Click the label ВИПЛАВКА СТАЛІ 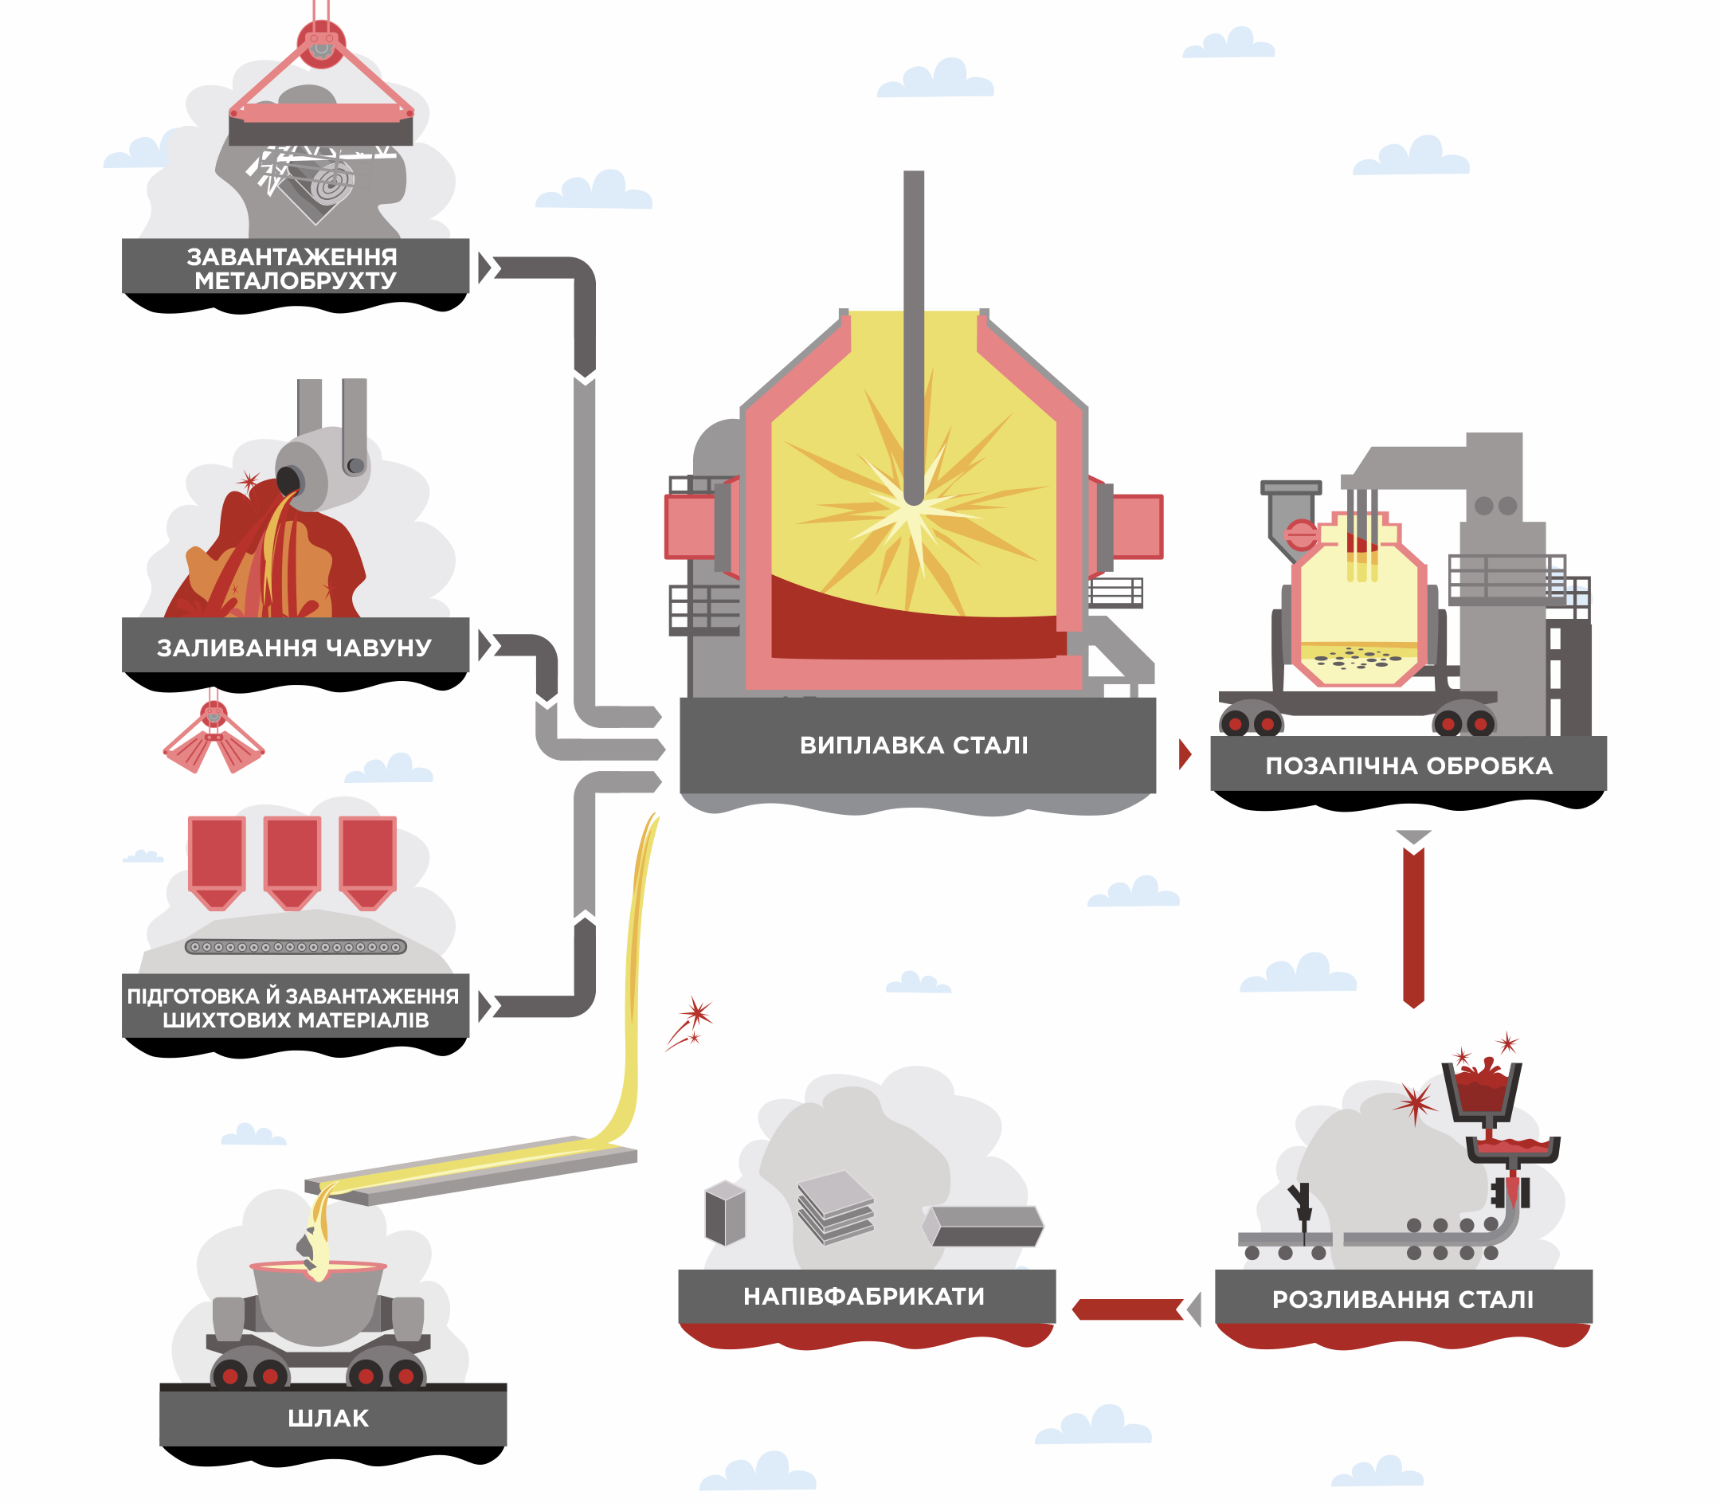(913, 745)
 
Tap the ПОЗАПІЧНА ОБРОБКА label (1409, 765)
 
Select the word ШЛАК (328, 1419)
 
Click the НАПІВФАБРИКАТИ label (864, 1297)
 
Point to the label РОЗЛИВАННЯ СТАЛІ (1402, 1299)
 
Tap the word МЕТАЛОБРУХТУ (296, 281)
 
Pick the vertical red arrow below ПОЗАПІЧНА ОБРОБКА (1414, 927)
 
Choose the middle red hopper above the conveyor (292, 859)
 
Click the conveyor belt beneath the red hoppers (296, 947)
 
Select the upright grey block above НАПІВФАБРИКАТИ (725, 1213)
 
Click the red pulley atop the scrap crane (320, 42)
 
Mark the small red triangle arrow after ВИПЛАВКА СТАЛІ (1185, 754)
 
